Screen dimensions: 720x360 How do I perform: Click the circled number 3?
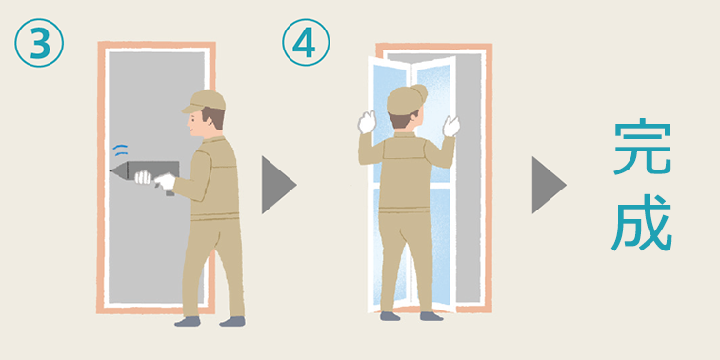pyautogui.click(x=39, y=43)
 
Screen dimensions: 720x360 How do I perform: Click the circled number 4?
pyautogui.click(x=306, y=42)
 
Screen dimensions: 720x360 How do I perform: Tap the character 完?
pyautogui.click(x=643, y=147)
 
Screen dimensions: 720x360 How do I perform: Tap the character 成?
pyautogui.click(x=642, y=222)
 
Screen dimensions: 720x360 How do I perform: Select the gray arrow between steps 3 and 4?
pyautogui.click(x=279, y=185)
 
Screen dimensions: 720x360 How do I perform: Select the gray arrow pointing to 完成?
pyautogui.click(x=550, y=185)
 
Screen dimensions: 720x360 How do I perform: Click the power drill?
pyautogui.click(x=145, y=174)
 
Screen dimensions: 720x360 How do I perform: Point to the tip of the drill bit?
pyautogui.click(x=110, y=171)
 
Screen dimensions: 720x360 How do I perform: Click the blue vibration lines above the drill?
pyautogui.click(x=120, y=150)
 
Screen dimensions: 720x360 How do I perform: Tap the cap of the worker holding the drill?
pyautogui.click(x=205, y=101)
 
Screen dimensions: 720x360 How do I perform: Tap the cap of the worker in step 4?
pyautogui.click(x=406, y=98)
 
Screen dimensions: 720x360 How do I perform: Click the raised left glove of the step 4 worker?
pyautogui.click(x=367, y=123)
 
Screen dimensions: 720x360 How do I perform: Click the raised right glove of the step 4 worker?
pyautogui.click(x=450, y=126)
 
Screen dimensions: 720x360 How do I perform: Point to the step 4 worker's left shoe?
pyautogui.click(x=390, y=316)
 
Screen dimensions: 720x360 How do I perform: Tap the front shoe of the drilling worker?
pyautogui.click(x=188, y=322)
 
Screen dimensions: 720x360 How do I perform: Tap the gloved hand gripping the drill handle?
pyautogui.click(x=166, y=181)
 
